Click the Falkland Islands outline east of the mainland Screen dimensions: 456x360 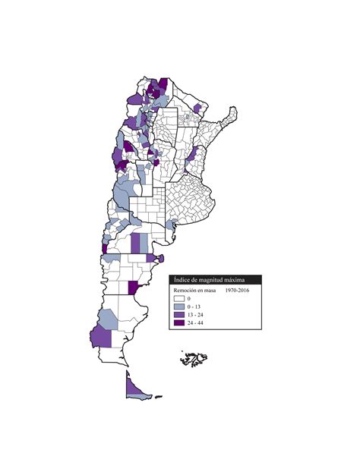point(194,357)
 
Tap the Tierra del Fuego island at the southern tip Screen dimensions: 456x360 point(137,389)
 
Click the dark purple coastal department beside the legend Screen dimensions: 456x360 point(134,288)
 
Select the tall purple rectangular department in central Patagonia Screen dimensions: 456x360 point(135,243)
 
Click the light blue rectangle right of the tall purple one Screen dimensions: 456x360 point(144,243)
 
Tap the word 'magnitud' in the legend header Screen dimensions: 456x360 point(218,280)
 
